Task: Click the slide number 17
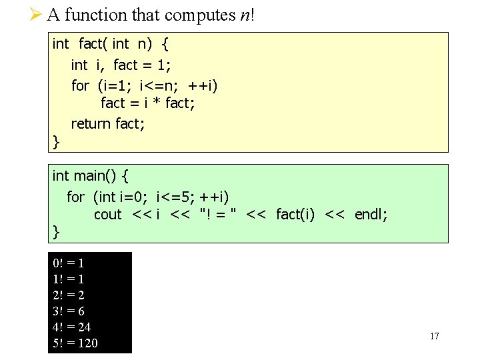tap(434, 336)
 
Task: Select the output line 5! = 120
tap(75, 343)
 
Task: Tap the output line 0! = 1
tap(68, 263)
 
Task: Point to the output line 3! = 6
tap(68, 311)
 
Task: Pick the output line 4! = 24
tap(71, 327)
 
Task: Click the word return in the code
tap(91, 123)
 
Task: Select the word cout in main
tap(107, 215)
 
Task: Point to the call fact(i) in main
tap(295, 215)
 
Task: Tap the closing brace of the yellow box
tap(56, 141)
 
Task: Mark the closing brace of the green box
tap(56, 232)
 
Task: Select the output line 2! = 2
tap(68, 295)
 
